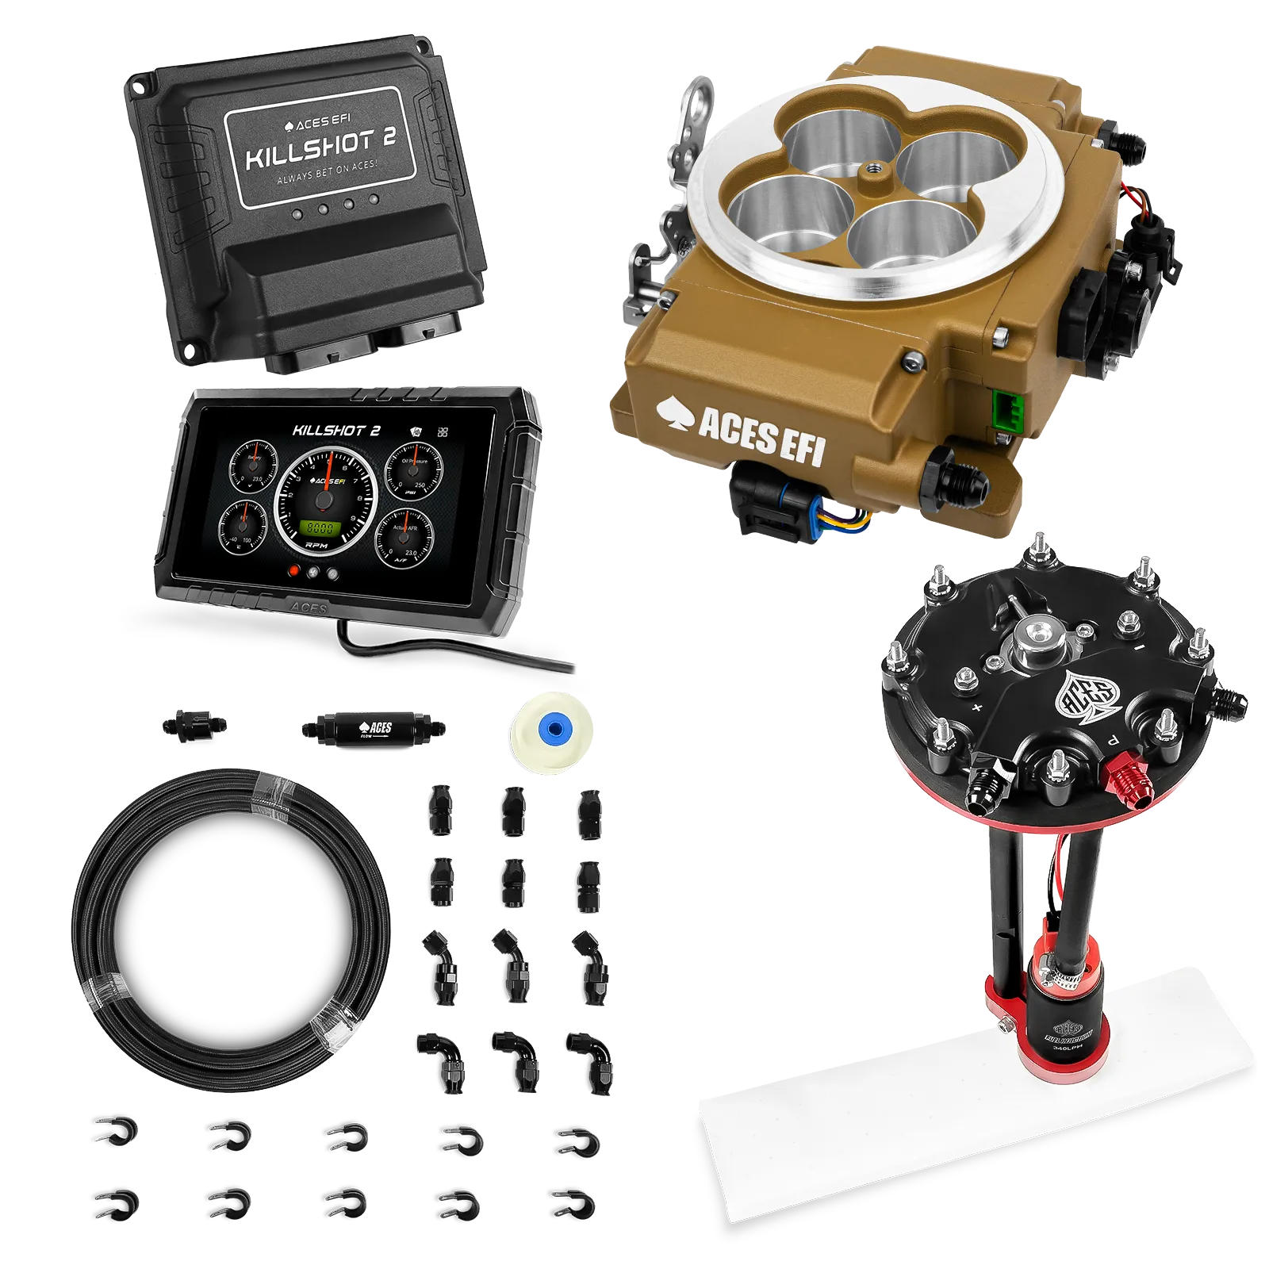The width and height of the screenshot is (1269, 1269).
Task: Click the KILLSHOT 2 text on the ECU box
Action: point(320,148)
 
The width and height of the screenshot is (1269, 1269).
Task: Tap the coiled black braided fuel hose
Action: point(230,928)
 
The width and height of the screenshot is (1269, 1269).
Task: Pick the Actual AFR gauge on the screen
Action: point(404,535)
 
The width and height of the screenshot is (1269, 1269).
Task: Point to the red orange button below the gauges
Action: point(294,571)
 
